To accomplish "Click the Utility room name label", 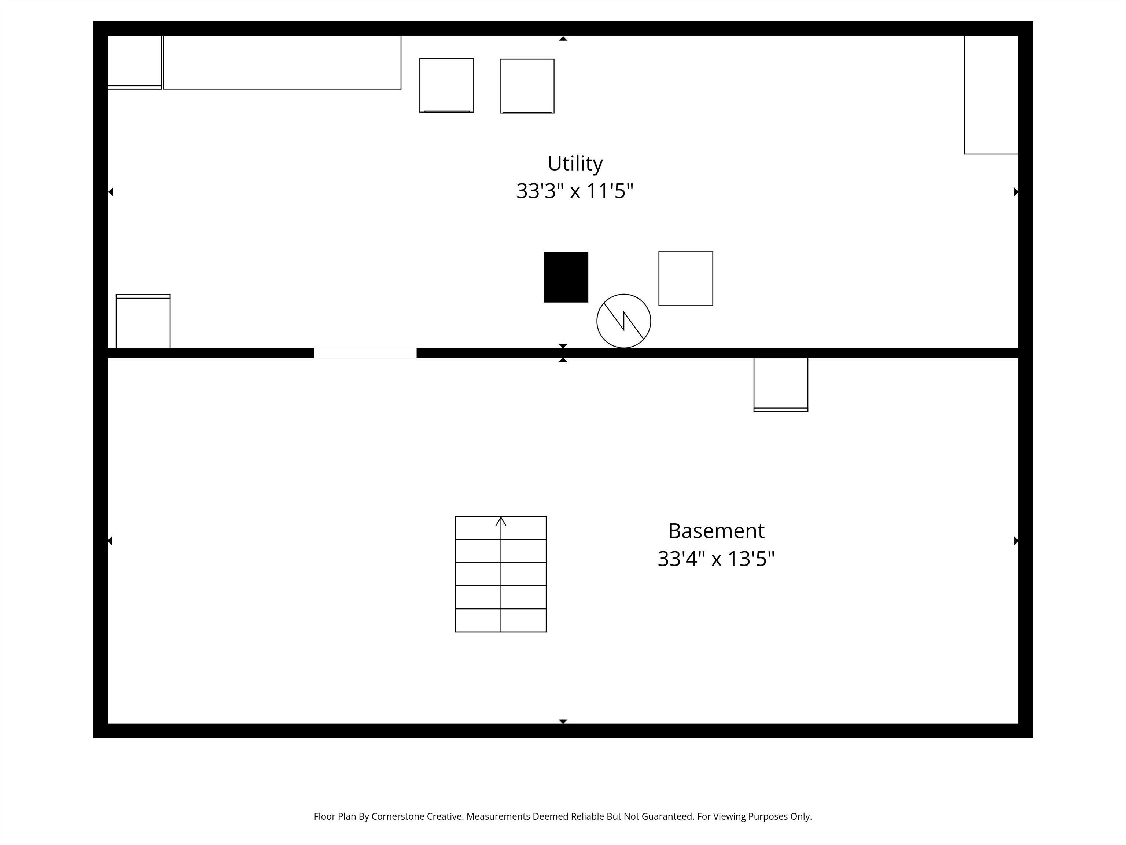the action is tap(575, 164).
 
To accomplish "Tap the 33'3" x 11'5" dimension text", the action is tap(575, 191).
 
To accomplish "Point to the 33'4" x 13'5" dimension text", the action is tap(716, 559).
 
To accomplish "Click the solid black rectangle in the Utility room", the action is tap(566, 277).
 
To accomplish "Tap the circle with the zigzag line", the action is tap(623, 321).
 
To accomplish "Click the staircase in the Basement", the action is tap(501, 574).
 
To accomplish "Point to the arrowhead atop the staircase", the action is tap(501, 522).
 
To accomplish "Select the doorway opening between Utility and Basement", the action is tap(365, 353).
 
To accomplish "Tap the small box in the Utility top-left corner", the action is tap(135, 62).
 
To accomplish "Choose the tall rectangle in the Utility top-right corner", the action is tap(991, 95).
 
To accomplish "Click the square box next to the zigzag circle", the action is tap(686, 279).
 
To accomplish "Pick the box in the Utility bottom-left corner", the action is tap(143, 321).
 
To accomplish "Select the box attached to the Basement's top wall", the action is tap(781, 385).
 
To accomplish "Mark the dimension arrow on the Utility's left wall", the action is tap(110, 192).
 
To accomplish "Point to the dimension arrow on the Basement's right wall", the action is tap(1016, 541).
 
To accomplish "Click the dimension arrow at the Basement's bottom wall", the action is tap(563, 721).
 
